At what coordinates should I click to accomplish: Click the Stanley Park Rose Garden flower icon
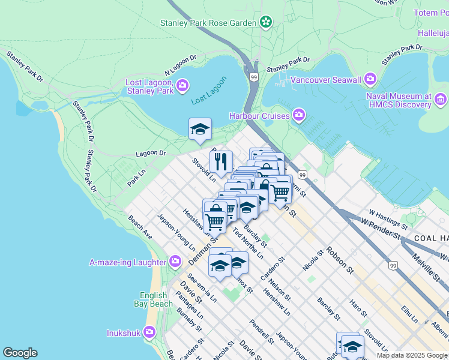coord(266,23)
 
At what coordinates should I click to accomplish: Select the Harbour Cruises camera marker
coord(298,115)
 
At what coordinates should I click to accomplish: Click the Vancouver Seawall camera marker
coord(370,79)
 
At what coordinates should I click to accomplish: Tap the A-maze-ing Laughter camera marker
coord(175,262)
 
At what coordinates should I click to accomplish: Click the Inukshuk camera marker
coord(149,331)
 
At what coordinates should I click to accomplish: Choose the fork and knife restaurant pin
coord(221,161)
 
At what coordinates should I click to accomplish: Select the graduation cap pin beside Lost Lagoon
coord(200,128)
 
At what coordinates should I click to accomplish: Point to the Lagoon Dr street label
coord(150,154)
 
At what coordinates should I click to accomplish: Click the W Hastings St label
coord(388,220)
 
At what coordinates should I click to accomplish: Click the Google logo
coord(20,353)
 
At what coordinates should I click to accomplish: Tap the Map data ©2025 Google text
coord(411,355)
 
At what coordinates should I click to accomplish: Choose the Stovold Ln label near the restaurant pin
coord(204,170)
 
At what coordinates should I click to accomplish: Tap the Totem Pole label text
coord(431,13)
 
